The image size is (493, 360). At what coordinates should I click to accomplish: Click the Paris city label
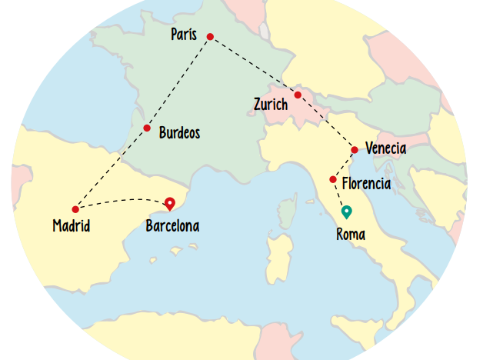[184, 35]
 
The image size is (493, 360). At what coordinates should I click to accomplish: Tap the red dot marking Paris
[210, 35]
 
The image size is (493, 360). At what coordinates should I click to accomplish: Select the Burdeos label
[179, 133]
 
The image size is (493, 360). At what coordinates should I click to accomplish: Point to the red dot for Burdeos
[146, 128]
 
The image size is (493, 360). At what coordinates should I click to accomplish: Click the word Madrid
[72, 226]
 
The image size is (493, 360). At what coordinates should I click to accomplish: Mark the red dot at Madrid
[75, 209]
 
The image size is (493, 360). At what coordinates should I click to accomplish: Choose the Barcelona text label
[172, 226]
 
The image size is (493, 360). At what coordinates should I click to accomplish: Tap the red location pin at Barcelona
[170, 203]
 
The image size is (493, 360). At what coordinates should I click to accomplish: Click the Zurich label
[270, 104]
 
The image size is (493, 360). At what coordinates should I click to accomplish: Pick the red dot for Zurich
[298, 95]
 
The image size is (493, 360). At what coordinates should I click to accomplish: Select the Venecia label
[386, 148]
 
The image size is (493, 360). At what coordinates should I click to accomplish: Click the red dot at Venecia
[355, 150]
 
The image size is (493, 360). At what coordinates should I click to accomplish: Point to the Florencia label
[366, 184]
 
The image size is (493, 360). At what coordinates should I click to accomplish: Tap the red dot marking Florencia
[333, 179]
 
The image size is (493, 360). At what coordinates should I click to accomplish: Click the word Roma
[351, 235]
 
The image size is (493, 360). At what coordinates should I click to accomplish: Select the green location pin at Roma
[346, 212]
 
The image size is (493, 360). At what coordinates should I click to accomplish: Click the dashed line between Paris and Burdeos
[178, 81]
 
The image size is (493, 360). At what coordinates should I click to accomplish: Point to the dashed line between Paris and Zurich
[254, 65]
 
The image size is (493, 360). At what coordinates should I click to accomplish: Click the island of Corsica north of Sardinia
[289, 210]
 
